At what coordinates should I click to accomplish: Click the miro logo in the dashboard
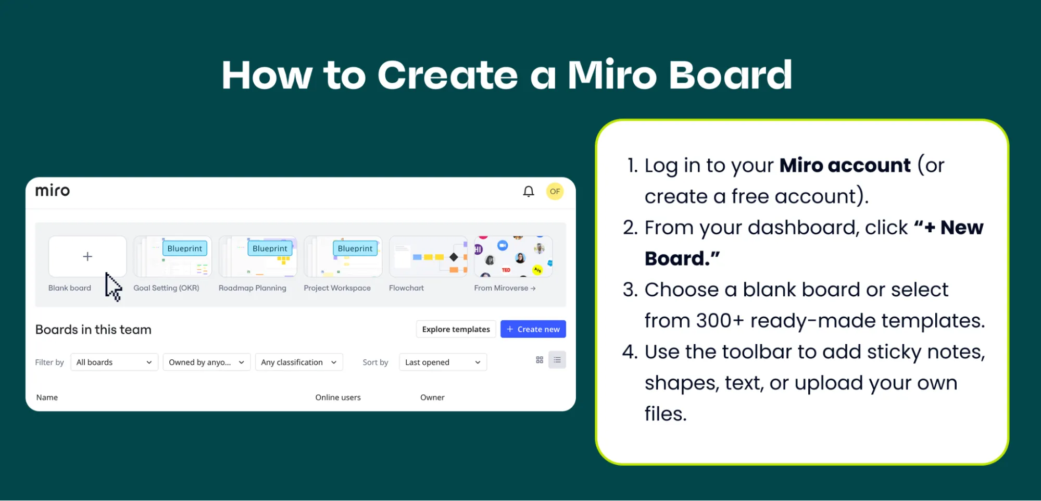(52, 191)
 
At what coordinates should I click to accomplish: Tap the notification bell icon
(528, 192)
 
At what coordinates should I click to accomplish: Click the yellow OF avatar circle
(555, 191)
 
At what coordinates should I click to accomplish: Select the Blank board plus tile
(87, 256)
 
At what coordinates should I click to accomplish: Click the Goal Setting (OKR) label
(166, 288)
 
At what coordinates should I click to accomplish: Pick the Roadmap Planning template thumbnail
(258, 257)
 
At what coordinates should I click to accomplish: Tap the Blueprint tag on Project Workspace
(355, 248)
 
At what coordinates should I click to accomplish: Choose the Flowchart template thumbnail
(428, 257)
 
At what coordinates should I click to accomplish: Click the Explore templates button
(456, 329)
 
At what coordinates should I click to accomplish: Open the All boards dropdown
(114, 362)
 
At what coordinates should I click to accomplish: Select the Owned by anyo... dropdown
(206, 362)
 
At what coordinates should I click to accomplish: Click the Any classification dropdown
(299, 362)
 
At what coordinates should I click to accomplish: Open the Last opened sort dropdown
(443, 362)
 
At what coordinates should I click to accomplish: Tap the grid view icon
(540, 360)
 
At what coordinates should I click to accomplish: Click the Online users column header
(337, 397)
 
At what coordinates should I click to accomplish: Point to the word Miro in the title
(612, 75)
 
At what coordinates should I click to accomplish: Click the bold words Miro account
(845, 165)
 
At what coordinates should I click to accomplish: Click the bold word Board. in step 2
(682, 258)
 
